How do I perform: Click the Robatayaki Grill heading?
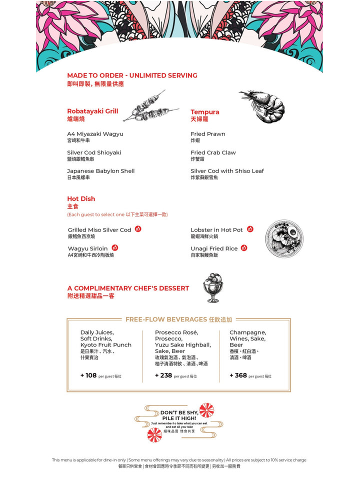[x=92, y=111]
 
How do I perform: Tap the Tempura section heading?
[x=204, y=112]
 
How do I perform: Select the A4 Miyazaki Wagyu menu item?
[x=95, y=134]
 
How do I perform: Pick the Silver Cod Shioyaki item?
[x=94, y=152]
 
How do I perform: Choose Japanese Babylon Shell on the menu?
[x=100, y=171]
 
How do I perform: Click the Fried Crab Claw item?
[x=213, y=152]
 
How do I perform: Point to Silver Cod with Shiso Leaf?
[x=227, y=171]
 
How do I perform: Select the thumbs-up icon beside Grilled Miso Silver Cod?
[x=138, y=229]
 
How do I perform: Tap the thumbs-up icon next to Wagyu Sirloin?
[x=114, y=247]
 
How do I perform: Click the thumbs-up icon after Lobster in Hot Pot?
[x=250, y=229]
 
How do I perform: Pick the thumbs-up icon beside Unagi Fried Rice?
[x=244, y=247]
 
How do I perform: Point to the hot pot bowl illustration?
[x=284, y=239]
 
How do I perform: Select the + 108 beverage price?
[x=88, y=375]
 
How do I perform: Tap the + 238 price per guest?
[x=163, y=375]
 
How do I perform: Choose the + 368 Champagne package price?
[x=238, y=375]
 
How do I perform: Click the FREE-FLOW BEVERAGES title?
[x=166, y=319]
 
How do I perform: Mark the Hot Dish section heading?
[x=81, y=199]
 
